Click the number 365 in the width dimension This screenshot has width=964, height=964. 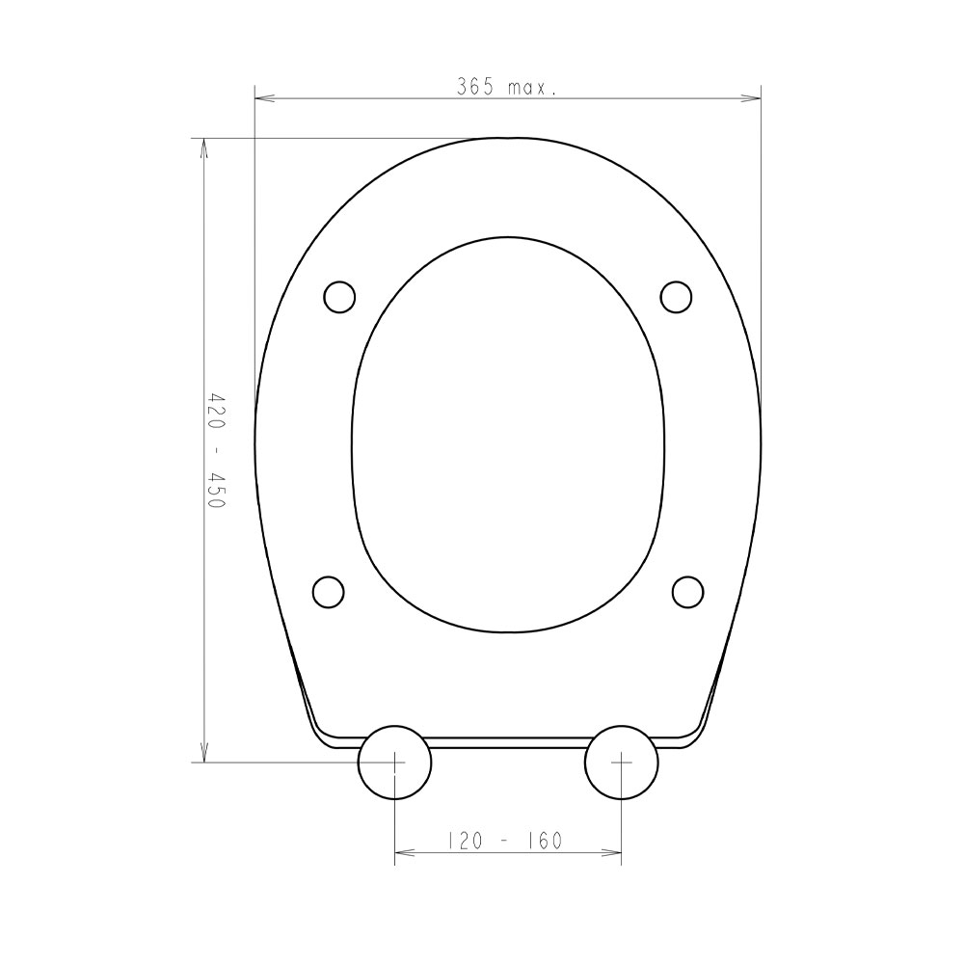tap(475, 87)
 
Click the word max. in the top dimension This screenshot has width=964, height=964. tap(532, 89)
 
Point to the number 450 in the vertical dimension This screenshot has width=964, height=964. tap(216, 490)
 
